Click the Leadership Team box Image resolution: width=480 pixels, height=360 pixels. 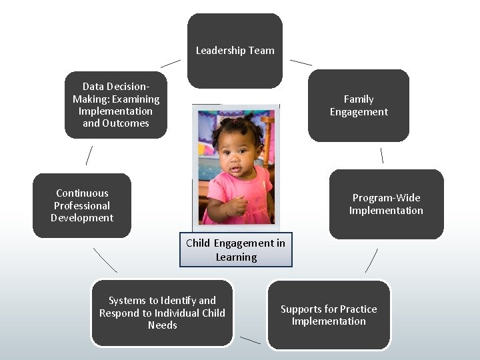(235, 51)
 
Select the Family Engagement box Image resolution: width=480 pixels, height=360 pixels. (359, 105)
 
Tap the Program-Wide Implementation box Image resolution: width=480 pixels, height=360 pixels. (386, 204)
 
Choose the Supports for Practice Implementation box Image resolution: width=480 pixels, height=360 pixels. (329, 315)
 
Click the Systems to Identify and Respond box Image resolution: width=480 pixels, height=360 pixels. (162, 313)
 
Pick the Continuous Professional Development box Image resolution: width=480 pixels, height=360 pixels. (82, 205)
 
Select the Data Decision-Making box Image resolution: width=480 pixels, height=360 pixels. (116, 105)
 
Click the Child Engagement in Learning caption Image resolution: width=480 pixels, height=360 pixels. (235, 250)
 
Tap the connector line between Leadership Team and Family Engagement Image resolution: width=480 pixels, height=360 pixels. (301, 62)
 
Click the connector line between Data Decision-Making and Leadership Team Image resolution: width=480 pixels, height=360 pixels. (171, 63)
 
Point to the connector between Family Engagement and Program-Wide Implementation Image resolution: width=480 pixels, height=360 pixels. (381, 155)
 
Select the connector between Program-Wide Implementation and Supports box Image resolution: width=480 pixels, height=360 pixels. (371, 261)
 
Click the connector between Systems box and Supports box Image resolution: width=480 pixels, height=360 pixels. (250, 340)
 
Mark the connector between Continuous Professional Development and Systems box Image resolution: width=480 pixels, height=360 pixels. (105, 260)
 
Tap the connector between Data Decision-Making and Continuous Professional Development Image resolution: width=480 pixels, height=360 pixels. (89, 155)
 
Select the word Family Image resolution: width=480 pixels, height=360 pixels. (359, 99)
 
